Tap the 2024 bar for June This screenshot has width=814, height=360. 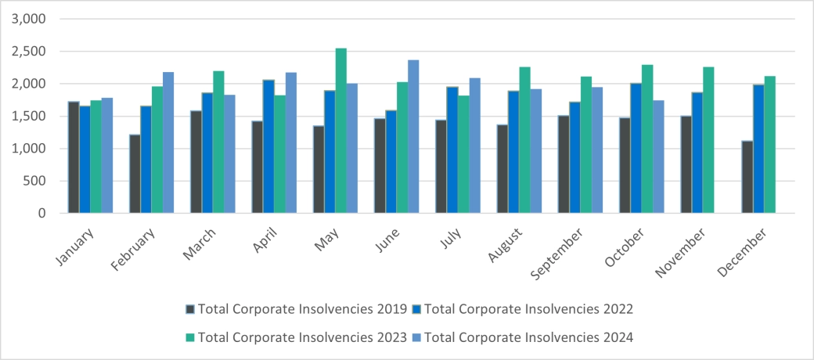[x=413, y=136]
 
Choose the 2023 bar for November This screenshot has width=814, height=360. [x=708, y=140]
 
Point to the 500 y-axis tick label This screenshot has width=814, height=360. [x=35, y=181]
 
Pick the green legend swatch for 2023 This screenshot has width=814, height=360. [x=190, y=337]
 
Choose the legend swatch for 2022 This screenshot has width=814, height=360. [x=417, y=309]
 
